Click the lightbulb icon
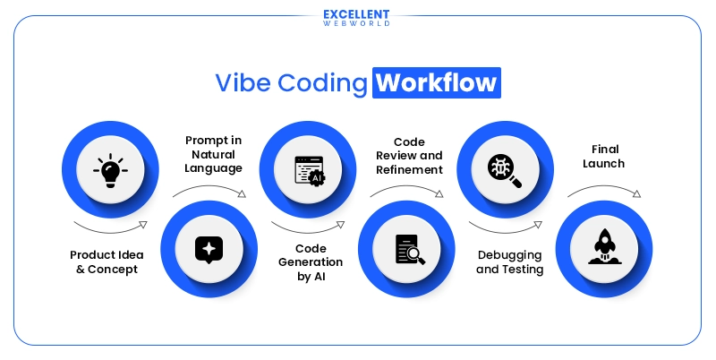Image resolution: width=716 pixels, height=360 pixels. [110, 168]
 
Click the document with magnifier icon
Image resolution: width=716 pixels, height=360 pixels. [408, 248]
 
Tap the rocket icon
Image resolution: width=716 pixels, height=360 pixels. [606, 248]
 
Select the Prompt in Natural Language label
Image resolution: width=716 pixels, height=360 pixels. [213, 154]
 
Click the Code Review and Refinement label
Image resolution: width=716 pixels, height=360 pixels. [408, 155]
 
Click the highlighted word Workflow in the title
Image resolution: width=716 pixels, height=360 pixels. [437, 83]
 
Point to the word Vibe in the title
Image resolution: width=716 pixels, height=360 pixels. [243, 83]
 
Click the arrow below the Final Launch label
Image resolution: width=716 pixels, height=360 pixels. [604, 190]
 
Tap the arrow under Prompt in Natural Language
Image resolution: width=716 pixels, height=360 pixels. [209, 190]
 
